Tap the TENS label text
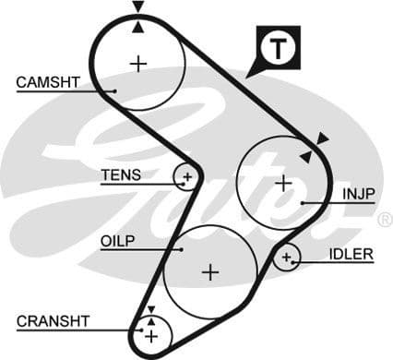click(121, 174)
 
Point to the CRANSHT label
click(53, 321)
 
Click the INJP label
click(358, 195)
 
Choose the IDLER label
click(351, 254)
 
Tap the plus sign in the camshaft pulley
click(138, 64)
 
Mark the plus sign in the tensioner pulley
click(187, 174)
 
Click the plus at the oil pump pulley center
click(210, 272)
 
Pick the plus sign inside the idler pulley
click(287, 257)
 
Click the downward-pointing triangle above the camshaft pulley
click(137, 7)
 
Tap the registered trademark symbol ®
click(385, 220)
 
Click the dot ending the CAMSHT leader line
click(113, 90)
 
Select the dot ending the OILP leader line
click(182, 247)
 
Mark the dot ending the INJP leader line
click(302, 202)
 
